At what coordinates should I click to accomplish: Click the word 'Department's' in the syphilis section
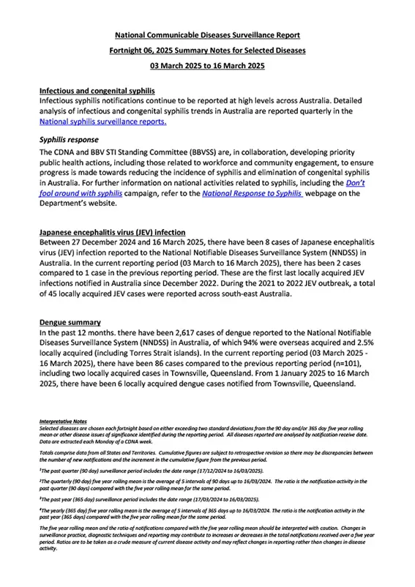pos(67,205)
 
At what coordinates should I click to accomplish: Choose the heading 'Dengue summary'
pos(70,322)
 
